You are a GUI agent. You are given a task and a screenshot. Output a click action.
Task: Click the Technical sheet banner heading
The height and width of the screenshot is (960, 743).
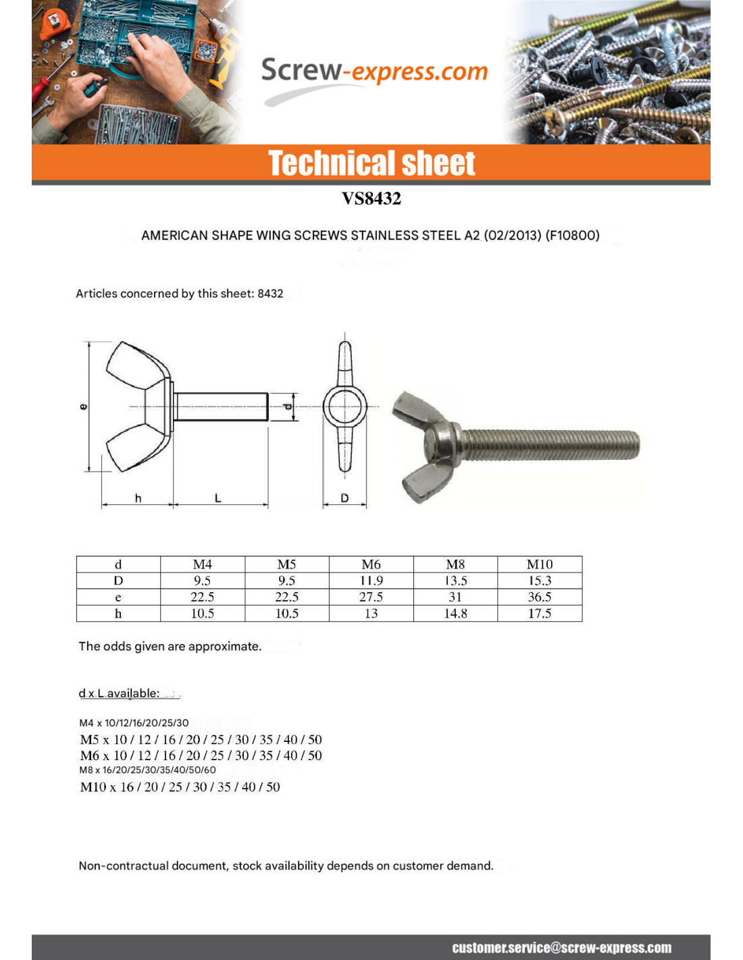coord(371,163)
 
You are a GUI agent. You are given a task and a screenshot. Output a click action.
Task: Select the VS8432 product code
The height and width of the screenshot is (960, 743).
coord(371,198)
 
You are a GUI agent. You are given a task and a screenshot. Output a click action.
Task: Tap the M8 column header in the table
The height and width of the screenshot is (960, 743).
coord(455,564)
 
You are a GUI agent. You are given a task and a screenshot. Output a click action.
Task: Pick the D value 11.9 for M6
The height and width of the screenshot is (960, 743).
coord(371,581)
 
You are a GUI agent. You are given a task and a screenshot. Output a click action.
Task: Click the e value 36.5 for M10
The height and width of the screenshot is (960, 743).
coord(539,597)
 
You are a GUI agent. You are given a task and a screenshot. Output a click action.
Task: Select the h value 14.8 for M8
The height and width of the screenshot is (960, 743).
coord(455,613)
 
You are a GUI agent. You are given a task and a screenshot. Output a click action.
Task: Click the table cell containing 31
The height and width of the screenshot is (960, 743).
coord(455,597)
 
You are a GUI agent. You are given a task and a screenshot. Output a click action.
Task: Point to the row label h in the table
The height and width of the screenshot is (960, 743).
coord(118,613)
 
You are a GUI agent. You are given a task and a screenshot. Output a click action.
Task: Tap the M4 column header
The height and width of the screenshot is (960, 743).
coord(202,564)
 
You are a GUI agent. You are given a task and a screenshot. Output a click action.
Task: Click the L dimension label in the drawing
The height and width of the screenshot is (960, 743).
coord(218,498)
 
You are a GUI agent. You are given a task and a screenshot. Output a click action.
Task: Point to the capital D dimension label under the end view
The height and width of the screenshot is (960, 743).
coord(344,498)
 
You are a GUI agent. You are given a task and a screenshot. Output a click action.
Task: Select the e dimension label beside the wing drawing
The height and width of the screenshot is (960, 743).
coord(84,406)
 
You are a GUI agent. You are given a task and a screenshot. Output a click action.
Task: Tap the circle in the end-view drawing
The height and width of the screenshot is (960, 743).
coord(344,407)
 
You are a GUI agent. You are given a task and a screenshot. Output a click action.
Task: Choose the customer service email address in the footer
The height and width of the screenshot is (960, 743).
coord(561,948)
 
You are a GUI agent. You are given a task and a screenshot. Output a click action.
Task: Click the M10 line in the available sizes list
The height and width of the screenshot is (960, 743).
coord(180,787)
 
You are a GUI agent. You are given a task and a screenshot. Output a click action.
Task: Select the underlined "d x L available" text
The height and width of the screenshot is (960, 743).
coord(119,693)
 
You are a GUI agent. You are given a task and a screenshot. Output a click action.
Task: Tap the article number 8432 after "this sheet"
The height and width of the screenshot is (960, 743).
coord(270,294)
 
